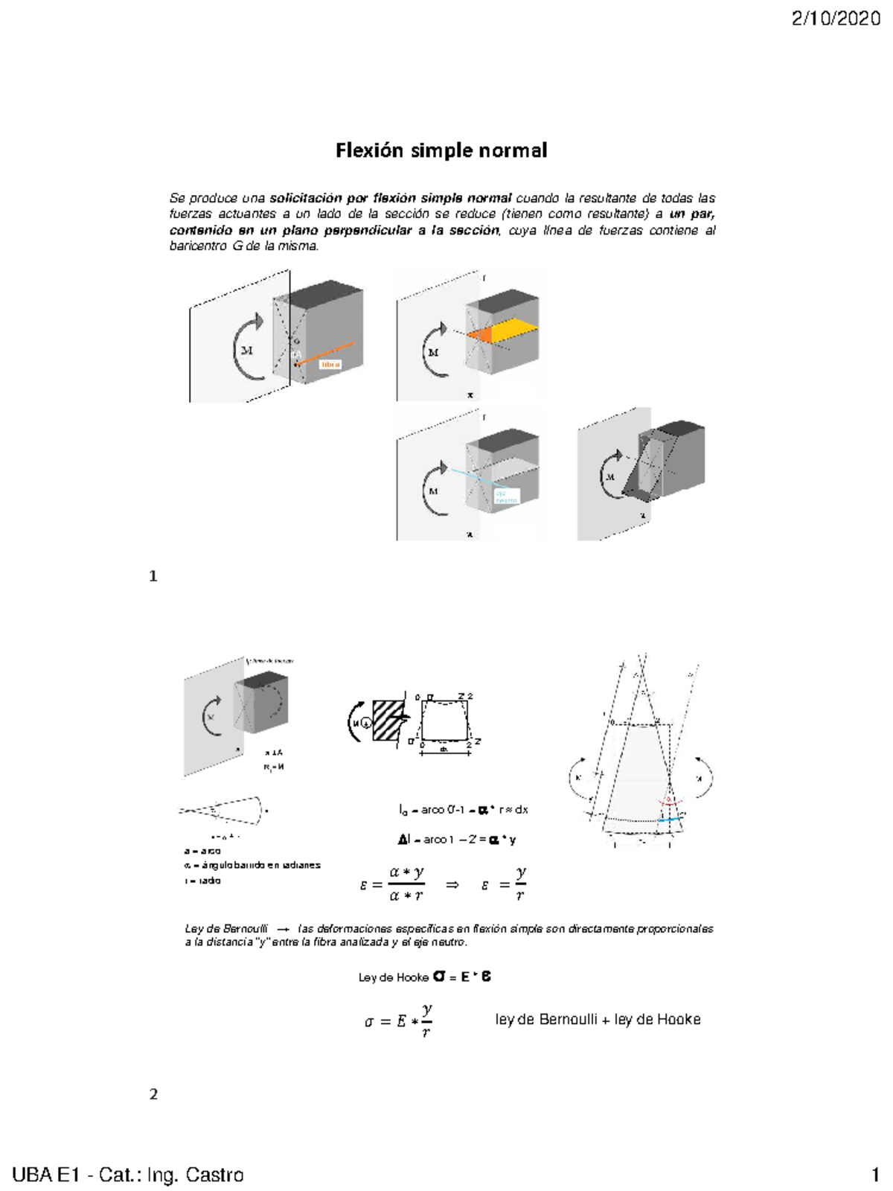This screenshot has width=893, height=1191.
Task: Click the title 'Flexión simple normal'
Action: point(441,150)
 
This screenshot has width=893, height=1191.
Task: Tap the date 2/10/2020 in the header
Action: point(836,19)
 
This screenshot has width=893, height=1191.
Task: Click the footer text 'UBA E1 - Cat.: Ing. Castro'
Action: point(128,1175)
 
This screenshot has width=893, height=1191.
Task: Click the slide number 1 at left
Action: point(153,576)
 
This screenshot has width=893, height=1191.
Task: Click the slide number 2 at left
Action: point(153,1094)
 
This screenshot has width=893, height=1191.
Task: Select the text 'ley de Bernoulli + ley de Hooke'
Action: point(598,1020)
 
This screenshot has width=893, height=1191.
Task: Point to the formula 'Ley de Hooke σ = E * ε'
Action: point(425,977)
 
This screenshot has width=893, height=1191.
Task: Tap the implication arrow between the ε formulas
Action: point(452,884)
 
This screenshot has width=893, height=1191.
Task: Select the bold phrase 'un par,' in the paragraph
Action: point(692,214)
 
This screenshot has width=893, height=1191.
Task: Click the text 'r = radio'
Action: point(202,881)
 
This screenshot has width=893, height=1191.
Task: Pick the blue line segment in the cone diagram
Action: point(669,819)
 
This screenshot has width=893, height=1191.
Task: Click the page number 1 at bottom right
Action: point(876,1175)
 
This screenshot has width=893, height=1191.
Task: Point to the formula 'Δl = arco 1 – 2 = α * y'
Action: point(457,840)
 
